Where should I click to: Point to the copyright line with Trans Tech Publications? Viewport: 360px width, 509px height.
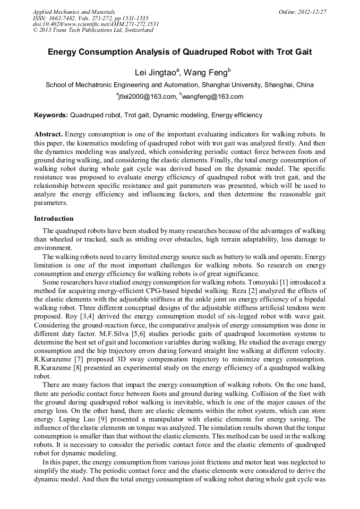(93, 30)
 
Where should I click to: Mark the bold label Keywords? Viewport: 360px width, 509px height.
(51, 115)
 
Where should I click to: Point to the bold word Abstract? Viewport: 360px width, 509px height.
(48, 134)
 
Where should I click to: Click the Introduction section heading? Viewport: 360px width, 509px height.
(54, 219)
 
